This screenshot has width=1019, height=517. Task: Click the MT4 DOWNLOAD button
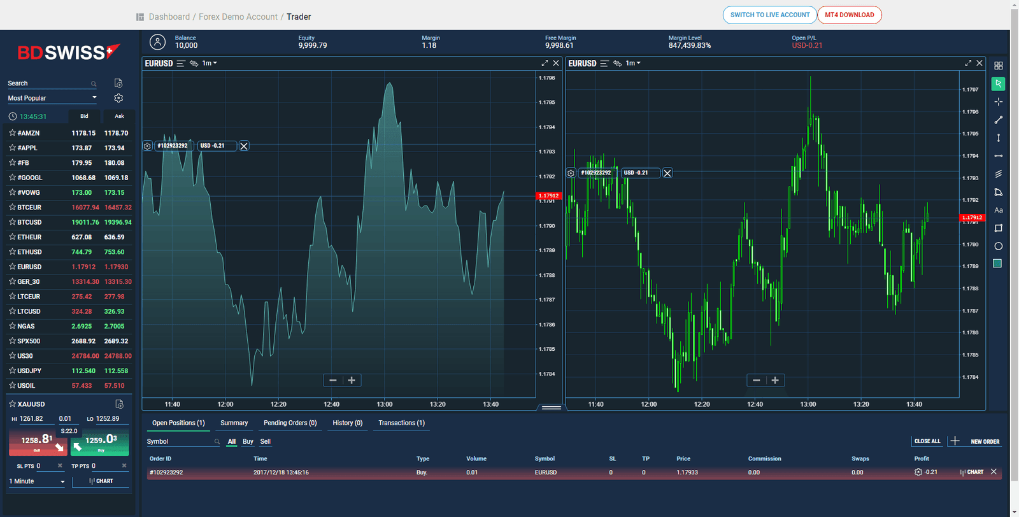pyautogui.click(x=849, y=15)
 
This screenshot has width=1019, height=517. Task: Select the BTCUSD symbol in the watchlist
pyautogui.click(x=29, y=222)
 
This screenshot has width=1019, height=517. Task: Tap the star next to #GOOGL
pyautogui.click(x=12, y=178)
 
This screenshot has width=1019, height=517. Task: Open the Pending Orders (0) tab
pyautogui.click(x=290, y=423)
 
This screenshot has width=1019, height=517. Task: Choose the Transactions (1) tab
pyautogui.click(x=401, y=423)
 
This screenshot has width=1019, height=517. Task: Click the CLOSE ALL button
pyautogui.click(x=927, y=441)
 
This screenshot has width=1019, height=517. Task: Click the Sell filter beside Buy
pyautogui.click(x=266, y=441)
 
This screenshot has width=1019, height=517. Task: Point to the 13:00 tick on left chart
pyautogui.click(x=385, y=404)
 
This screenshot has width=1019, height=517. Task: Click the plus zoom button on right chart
pyautogui.click(x=775, y=380)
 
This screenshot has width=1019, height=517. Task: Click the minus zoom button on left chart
pyautogui.click(x=332, y=380)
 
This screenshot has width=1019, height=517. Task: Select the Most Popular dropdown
pyautogui.click(x=52, y=98)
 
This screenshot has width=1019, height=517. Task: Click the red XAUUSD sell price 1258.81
pyautogui.click(x=37, y=441)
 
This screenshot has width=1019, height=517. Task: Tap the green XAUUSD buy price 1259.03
pyautogui.click(x=101, y=441)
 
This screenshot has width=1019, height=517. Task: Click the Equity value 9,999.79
pyautogui.click(x=312, y=45)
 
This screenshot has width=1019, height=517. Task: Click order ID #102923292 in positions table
pyautogui.click(x=166, y=472)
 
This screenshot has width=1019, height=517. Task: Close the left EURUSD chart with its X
pyautogui.click(x=556, y=63)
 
